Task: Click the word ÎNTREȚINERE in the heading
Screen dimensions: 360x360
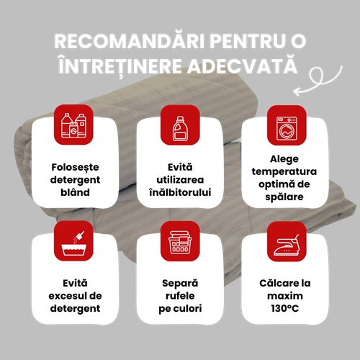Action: click(120, 66)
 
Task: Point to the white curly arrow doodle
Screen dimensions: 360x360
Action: click(318, 81)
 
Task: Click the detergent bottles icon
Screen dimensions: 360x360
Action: click(73, 125)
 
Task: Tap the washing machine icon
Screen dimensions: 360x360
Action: click(287, 129)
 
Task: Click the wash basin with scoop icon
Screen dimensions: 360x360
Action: click(73, 243)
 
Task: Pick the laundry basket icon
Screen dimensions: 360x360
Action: click(180, 242)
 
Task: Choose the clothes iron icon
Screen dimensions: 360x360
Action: click(287, 245)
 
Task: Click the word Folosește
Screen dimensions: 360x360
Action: click(75, 167)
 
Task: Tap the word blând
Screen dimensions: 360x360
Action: click(75, 192)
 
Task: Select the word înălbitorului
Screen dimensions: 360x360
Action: click(180, 192)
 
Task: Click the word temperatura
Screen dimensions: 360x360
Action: click(284, 172)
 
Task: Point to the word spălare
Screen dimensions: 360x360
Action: click(284, 197)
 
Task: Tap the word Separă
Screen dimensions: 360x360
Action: click(180, 284)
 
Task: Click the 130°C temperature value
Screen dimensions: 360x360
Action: click(285, 308)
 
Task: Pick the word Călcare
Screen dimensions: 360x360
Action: click(276, 283)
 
